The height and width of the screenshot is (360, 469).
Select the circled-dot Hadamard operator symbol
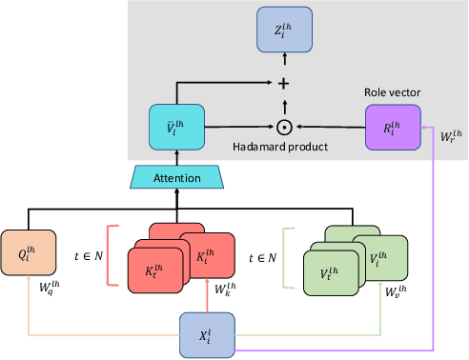coord(282,125)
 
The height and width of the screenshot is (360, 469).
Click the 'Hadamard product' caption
coord(278,148)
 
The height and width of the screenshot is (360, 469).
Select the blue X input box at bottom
coord(207,336)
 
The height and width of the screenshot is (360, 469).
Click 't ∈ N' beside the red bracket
coord(93,255)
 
